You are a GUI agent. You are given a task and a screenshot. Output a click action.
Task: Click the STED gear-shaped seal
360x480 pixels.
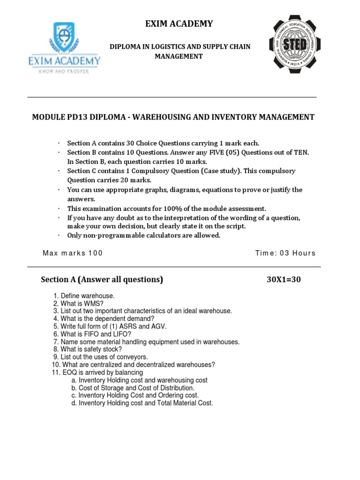[x=294, y=45]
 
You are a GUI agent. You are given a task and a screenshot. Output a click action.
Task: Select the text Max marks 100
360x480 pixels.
[x=72, y=253]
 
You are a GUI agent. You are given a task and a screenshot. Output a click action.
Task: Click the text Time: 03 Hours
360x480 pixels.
[x=285, y=253]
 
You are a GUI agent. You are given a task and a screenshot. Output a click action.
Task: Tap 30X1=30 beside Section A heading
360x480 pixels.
[x=284, y=280]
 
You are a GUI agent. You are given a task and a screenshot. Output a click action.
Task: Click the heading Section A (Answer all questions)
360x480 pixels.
[x=102, y=280]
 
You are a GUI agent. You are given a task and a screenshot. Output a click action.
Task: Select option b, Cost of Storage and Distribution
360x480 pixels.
[x=133, y=388]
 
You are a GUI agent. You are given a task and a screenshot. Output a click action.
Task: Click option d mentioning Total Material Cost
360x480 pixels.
[x=142, y=403]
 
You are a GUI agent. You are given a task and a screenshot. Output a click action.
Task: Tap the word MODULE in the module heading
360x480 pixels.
[x=47, y=117]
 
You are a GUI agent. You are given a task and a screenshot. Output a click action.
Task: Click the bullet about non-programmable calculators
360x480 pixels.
[x=143, y=235]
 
